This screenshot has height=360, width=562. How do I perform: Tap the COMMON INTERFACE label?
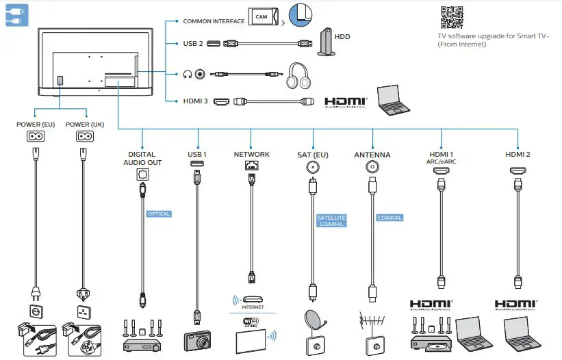pyautogui.click(x=214, y=21)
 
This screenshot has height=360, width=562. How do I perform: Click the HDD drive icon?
pyautogui.click(x=326, y=42)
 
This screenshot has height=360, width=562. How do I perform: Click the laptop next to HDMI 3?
pyautogui.click(x=396, y=101)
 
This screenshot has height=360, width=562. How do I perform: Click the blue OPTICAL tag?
pyautogui.click(x=158, y=214)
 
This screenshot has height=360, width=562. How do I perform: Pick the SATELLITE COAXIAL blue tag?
pyautogui.click(x=331, y=220)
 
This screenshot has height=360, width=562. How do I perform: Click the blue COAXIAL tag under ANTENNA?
pyautogui.click(x=389, y=218)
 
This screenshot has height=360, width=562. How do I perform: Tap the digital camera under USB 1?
pyautogui.click(x=198, y=340)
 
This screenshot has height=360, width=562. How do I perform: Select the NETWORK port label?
pyautogui.click(x=251, y=155)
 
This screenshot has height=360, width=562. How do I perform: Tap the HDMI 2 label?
pyautogui.click(x=518, y=155)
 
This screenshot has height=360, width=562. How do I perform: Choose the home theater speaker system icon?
pyautogui.click(x=142, y=335)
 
